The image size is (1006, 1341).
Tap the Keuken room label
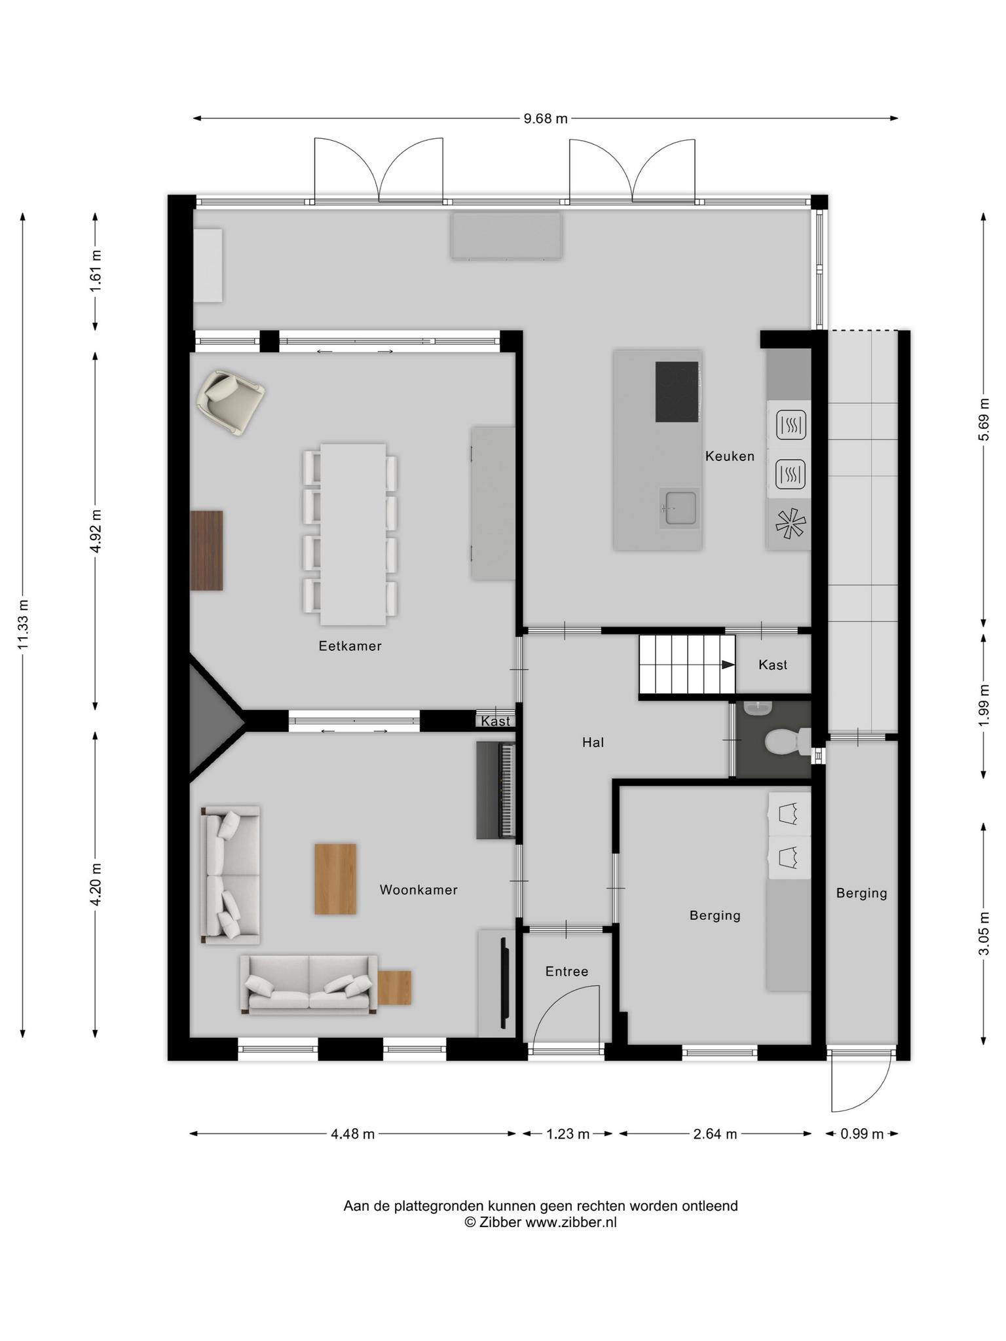730,456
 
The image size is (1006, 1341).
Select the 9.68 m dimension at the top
546,119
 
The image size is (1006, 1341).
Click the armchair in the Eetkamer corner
231,402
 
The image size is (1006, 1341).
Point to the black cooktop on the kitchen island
678,392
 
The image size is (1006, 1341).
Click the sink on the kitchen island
679,507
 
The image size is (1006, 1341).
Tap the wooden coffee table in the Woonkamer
335,879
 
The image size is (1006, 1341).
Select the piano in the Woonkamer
496,790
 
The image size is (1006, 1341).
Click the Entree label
567,972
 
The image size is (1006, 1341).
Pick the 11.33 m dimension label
24,625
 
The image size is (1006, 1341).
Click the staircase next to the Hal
687,664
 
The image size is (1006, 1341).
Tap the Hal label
593,742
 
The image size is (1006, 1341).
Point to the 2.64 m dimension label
715,1133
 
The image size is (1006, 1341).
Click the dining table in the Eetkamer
352,534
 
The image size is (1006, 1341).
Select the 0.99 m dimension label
862,1133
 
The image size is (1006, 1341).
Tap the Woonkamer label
419,890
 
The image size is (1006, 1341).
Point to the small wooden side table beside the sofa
394,987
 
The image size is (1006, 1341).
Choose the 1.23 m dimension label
568,1133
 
